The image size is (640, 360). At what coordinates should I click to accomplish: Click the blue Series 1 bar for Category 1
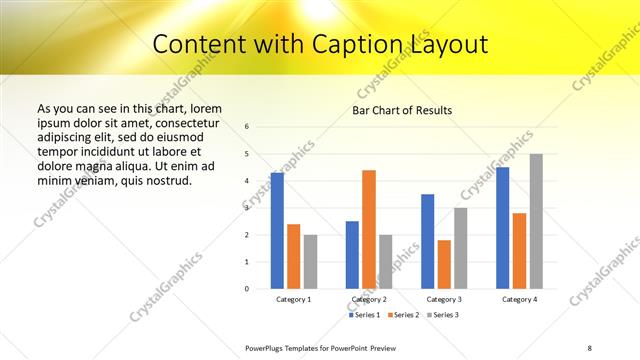277,231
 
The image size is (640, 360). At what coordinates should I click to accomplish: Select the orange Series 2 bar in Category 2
369,229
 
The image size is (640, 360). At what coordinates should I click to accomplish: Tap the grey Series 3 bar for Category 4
536,221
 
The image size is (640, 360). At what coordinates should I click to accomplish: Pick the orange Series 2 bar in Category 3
444,264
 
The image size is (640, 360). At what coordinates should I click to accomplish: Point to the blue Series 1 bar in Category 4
502,228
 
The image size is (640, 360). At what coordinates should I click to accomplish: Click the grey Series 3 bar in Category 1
310,262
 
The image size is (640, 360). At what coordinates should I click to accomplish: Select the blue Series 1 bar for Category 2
352,255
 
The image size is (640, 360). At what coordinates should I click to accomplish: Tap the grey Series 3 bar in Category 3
460,248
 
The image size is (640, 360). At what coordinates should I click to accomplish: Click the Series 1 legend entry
364,315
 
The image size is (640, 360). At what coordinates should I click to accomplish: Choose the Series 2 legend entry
402,315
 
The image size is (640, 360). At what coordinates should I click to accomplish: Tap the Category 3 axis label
444,299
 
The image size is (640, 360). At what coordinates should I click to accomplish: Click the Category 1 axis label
294,299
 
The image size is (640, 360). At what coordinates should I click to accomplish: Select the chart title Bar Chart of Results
402,109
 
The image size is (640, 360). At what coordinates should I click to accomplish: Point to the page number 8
590,347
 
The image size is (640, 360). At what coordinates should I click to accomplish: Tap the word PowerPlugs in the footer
268,347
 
